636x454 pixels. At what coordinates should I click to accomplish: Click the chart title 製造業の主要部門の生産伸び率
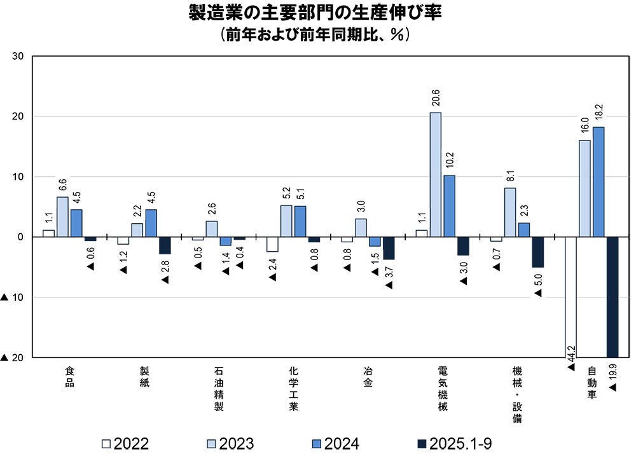[315, 13]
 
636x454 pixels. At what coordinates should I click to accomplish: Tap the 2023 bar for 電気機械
[436, 175]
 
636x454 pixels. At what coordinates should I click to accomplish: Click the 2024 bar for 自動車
[598, 182]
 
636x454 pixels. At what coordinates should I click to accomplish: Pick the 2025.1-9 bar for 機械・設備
[538, 252]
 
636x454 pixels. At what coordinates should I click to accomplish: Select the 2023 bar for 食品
[62, 217]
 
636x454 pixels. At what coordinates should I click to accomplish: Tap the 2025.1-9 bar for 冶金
[389, 248]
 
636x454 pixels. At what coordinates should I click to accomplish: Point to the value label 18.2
[599, 113]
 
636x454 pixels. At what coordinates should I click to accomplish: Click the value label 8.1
[510, 174]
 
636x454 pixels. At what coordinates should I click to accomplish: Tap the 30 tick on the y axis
[18, 56]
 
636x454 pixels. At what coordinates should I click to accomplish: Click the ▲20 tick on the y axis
[13, 358]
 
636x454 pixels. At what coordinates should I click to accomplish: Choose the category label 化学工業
[293, 389]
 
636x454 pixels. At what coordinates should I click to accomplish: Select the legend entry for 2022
[125, 443]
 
